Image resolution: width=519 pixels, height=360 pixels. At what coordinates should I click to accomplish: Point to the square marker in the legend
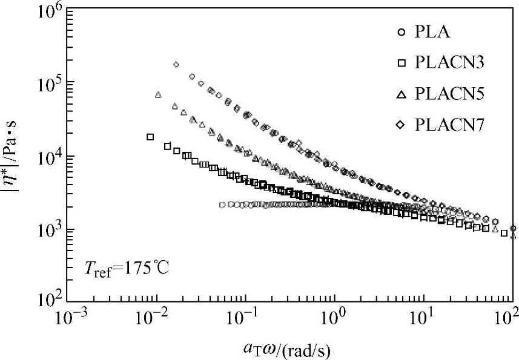pos(400,64)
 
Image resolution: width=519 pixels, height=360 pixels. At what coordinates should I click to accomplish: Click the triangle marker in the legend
pos(400,94)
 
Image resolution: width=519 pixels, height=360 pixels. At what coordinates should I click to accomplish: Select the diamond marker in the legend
pos(400,125)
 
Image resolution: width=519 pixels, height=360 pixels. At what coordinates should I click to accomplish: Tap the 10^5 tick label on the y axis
pos(46,83)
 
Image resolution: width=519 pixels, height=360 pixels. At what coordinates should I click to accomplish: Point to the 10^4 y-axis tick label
pos(46,157)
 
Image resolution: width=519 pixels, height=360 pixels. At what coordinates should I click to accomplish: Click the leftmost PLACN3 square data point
pos(150,137)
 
